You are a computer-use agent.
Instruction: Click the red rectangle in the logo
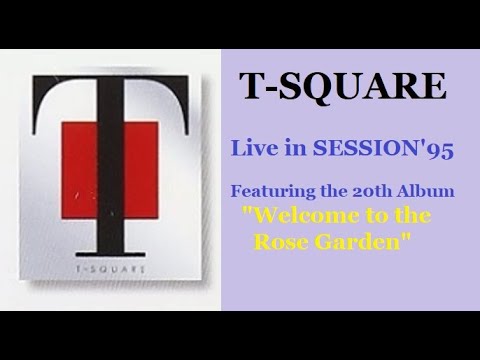pos(109,160)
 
